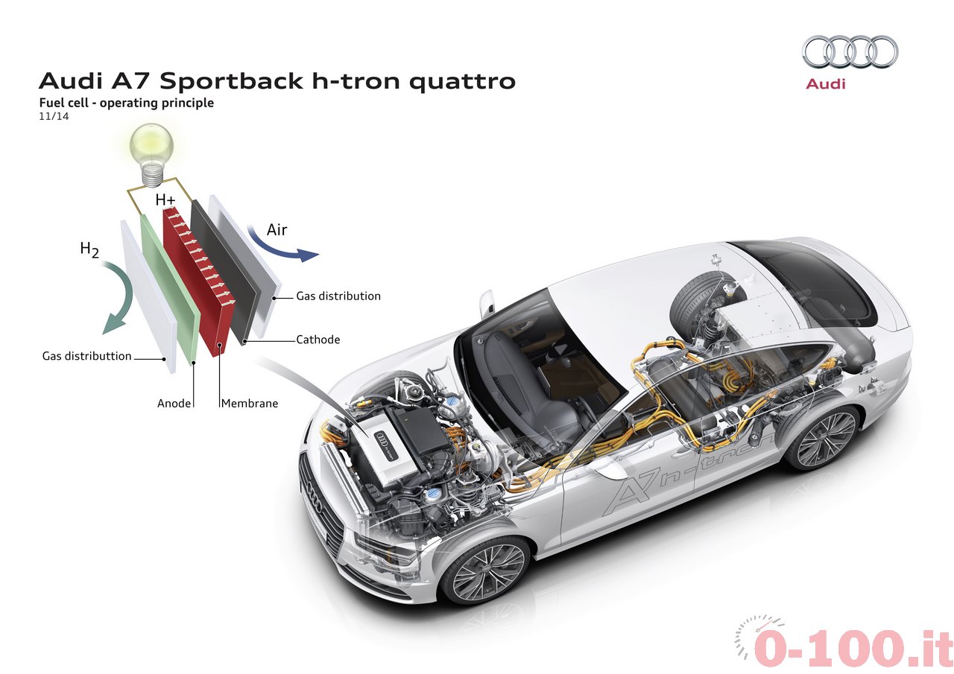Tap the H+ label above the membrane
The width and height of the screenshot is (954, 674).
coord(165,200)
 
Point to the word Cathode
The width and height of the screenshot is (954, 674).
coord(318,340)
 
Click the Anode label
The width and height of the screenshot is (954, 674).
coord(174,403)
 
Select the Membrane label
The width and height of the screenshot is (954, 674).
coord(250,403)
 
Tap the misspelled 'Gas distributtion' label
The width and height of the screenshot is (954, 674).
coord(87,356)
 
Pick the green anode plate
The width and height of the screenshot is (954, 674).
coord(171,290)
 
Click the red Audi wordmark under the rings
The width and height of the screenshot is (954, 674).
coord(825,84)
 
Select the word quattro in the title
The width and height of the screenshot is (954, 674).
coord(462,81)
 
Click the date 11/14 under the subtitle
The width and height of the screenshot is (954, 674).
coord(54,116)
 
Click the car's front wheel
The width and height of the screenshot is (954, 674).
coord(487,570)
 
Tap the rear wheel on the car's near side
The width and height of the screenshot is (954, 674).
coord(822,438)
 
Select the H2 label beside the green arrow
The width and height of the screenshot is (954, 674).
coord(89,249)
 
